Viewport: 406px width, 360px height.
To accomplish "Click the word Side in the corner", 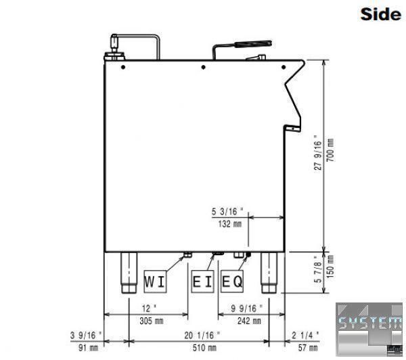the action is click(380, 14).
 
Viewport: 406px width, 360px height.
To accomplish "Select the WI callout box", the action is click(155, 282).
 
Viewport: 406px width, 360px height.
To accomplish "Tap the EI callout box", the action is click(202, 282).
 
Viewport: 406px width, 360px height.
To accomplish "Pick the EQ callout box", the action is click(232, 282).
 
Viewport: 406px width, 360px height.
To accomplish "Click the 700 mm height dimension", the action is click(330, 150).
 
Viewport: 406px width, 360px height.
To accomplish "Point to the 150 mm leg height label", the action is click(330, 267).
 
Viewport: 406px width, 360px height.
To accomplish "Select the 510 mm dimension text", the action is click(204, 348).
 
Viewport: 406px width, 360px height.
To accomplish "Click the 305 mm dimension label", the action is click(152, 321).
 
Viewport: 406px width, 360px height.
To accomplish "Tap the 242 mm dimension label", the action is click(249, 321).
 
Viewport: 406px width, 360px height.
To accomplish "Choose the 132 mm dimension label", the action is click(230, 224).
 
